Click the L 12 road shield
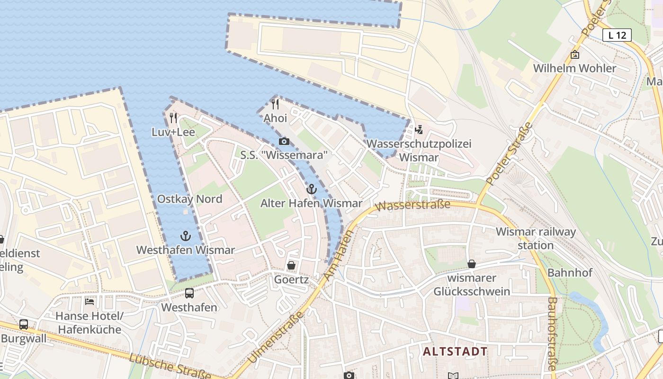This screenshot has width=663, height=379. pos(617,35)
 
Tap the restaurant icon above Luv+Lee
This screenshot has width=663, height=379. pos(173,118)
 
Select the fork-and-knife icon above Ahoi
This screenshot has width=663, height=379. pos(275,104)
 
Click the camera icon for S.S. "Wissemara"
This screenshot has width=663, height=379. pos(284,141)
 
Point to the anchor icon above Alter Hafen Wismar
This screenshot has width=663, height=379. pos(311,189)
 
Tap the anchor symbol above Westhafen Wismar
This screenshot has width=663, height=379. pos(186,236)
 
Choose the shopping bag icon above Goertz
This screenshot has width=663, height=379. pos(291,266)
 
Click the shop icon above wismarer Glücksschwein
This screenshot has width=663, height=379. pos(472,264)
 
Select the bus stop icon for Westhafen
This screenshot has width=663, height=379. pos(189,293)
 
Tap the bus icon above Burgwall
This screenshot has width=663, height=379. pos(23,325)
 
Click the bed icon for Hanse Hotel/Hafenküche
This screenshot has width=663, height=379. pos(89,301)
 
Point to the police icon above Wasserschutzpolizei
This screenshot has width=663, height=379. pos(419,129)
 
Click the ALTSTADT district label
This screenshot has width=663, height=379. pos(455,352)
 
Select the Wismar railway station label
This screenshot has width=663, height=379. pos(536,238)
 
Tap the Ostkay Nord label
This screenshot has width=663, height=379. pos(189,199)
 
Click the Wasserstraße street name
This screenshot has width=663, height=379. pos(413,206)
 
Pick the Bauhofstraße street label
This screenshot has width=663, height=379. pos(552,334)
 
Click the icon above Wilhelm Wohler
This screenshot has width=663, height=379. pos(574,54)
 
